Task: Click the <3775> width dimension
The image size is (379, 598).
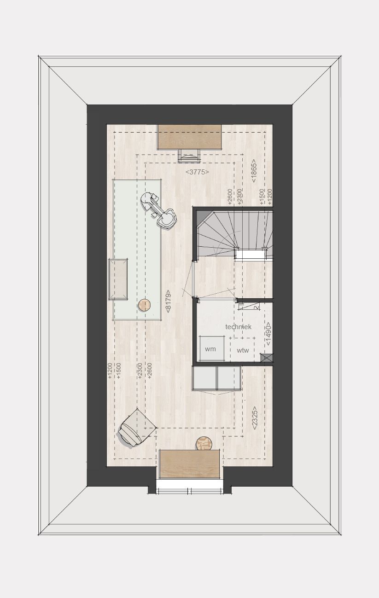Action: (197, 172)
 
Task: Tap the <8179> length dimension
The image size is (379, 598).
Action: (168, 302)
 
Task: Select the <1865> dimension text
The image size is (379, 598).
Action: (254, 171)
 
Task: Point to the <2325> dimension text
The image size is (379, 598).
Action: (255, 418)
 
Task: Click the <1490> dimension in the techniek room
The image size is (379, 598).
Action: (268, 334)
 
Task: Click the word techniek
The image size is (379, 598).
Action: (238, 327)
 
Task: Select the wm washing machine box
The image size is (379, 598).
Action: (212, 348)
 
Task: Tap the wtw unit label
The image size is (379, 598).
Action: (243, 350)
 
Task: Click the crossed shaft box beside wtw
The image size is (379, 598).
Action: (267, 358)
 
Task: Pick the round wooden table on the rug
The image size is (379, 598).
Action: (144, 305)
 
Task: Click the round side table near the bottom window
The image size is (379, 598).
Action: (204, 443)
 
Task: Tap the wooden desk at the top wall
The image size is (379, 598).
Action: (189, 137)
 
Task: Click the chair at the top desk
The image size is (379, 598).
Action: (189, 156)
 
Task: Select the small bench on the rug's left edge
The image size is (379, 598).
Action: (118, 279)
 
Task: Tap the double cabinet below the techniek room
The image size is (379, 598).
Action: (216, 378)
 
